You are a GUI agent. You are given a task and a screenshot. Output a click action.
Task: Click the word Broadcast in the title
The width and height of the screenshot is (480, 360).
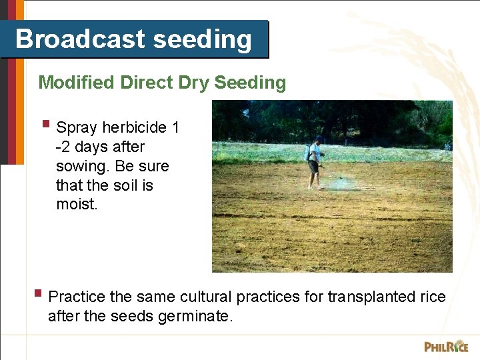tap(81, 39)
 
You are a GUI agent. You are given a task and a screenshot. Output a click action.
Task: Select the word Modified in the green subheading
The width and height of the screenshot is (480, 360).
tap(77, 83)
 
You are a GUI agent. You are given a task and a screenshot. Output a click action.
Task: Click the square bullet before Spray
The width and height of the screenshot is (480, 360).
tap(45, 124)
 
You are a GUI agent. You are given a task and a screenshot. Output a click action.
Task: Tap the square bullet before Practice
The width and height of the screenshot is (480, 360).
tap(38, 293)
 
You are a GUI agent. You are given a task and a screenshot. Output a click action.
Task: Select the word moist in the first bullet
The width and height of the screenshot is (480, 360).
tap(77, 205)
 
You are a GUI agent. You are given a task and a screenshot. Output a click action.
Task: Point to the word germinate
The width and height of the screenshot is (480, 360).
tap(195, 316)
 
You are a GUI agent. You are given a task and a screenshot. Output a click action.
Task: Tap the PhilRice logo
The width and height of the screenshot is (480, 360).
tap(446, 346)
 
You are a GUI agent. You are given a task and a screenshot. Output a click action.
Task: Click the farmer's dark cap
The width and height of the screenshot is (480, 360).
tap(319, 139)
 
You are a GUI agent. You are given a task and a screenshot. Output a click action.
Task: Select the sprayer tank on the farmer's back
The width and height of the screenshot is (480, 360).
tap(307, 153)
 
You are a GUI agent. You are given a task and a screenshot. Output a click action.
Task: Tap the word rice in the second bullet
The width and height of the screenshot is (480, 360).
tap(433, 297)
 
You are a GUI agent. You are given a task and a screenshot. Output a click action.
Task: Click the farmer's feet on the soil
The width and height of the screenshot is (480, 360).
tap(315, 187)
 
